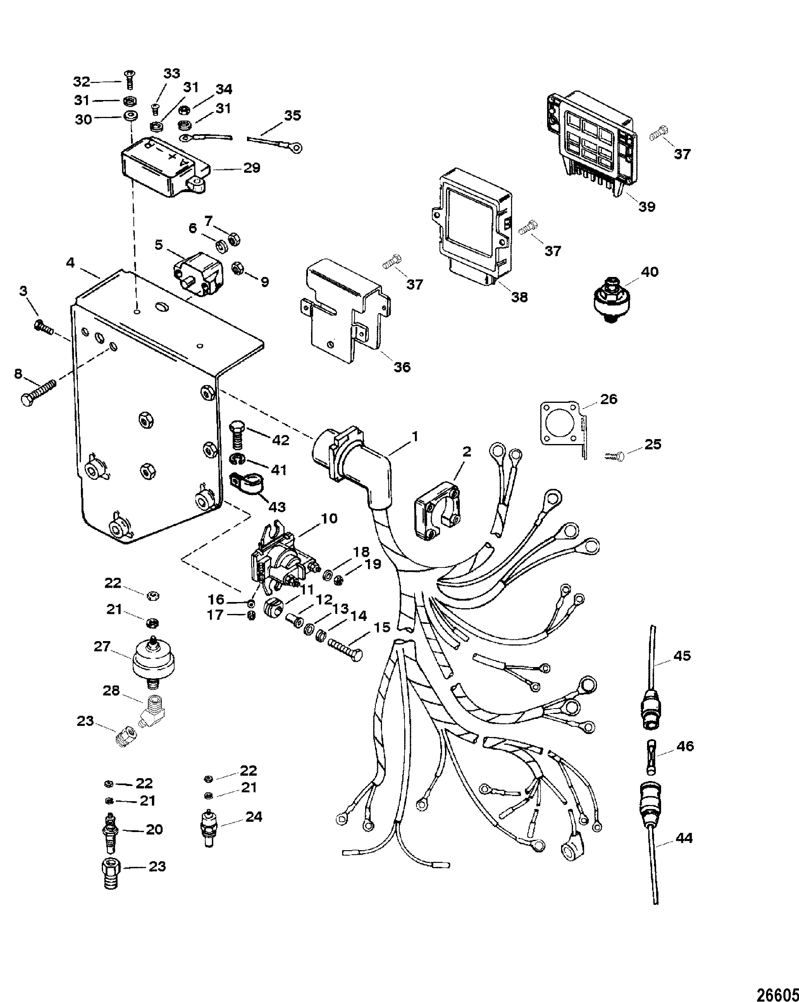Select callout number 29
tap(252, 168)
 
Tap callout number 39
tap(646, 206)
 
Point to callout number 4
tap(70, 263)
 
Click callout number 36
tap(402, 367)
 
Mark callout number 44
tap(683, 838)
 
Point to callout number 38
tap(519, 297)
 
